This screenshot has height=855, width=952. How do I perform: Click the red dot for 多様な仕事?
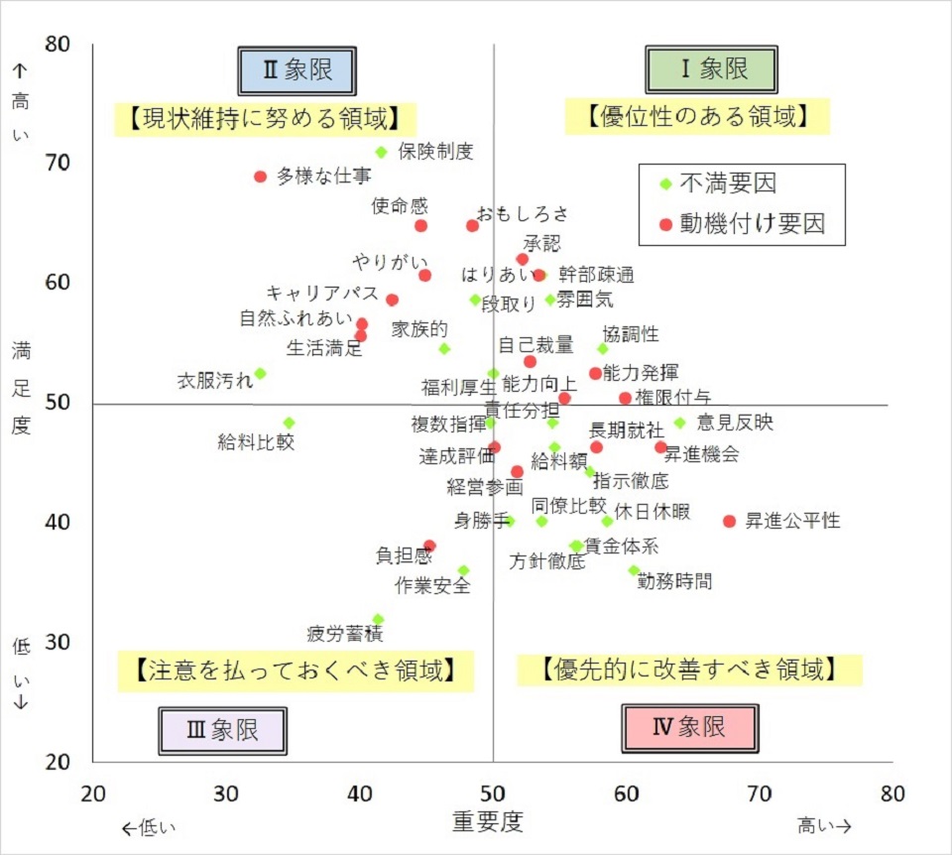click(261, 177)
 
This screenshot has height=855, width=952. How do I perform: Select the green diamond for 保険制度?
click(381, 152)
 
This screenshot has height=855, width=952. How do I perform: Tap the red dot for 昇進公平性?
click(730, 521)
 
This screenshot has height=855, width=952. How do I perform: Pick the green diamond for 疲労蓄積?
click(378, 619)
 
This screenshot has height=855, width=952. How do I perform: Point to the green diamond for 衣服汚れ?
click(260, 374)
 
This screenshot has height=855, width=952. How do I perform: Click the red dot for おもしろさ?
click(472, 226)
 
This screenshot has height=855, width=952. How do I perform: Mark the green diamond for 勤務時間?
click(634, 570)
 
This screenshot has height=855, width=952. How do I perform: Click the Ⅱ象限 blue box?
click(297, 70)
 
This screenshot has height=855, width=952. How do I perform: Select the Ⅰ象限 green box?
click(711, 69)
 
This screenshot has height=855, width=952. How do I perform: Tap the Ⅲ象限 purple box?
click(222, 731)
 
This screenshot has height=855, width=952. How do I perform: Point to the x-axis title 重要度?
click(487, 821)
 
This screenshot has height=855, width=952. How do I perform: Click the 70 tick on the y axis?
click(59, 163)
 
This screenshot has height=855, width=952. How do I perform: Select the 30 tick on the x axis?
click(227, 794)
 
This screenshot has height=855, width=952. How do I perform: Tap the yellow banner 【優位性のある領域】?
click(696, 117)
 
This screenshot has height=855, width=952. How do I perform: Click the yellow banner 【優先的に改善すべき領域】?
click(689, 669)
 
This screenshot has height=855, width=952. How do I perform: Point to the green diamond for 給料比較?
click(289, 423)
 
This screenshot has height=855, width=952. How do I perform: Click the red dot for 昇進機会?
click(661, 447)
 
